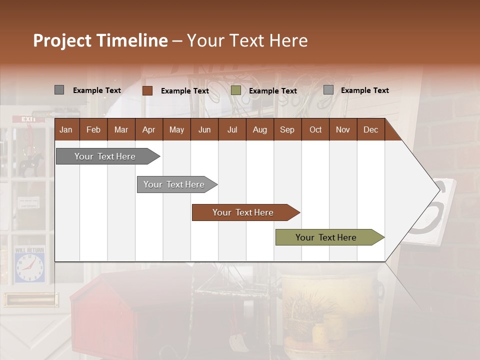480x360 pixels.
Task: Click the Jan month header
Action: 66,129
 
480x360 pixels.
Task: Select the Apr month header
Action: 148,129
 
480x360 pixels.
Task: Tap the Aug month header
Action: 259,129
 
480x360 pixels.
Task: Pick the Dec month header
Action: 370,129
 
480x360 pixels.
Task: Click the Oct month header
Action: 315,129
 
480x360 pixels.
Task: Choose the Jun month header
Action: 204,129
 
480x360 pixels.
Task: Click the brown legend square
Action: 147,90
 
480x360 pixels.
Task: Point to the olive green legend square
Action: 236,90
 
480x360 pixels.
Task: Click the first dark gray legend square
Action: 59,90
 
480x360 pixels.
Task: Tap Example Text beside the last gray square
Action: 364,90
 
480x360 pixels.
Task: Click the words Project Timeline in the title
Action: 100,40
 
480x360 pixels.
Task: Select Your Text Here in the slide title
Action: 247,40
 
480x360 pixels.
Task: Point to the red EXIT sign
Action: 29,119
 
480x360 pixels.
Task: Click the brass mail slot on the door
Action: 30,299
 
